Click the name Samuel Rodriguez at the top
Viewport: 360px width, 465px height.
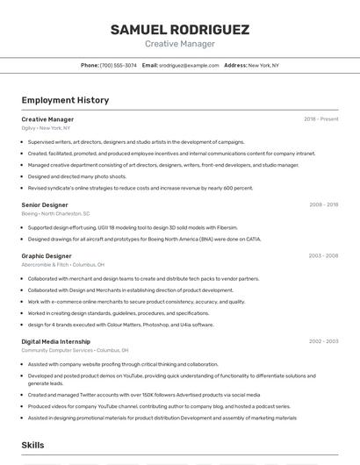tap(179, 30)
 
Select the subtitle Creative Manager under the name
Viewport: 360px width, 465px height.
tap(179, 44)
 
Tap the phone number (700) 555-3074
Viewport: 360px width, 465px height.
tap(119, 65)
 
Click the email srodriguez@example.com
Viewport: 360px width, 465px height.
tap(189, 65)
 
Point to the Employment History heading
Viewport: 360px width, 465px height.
tap(65, 101)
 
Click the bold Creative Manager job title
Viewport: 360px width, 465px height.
tap(47, 119)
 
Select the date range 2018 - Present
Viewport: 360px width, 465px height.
tap(321, 119)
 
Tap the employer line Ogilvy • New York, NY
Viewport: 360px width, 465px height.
tap(46, 128)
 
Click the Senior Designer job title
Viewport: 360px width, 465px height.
tap(45, 204)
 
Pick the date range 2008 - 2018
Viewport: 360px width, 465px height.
tap(323, 204)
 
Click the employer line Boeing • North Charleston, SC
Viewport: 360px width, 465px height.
tap(55, 213)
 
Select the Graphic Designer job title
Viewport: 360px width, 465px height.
tap(47, 256)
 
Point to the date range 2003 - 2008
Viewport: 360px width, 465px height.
tap(323, 256)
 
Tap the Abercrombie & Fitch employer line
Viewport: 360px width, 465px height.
tap(62, 264)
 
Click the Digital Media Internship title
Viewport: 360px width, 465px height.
tap(55, 341)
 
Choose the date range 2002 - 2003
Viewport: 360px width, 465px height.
tap(323, 341)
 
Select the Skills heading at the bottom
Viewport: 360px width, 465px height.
tap(32, 445)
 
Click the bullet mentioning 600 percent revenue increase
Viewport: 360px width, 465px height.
tap(140, 188)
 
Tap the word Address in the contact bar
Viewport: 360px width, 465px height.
tap(234, 65)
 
